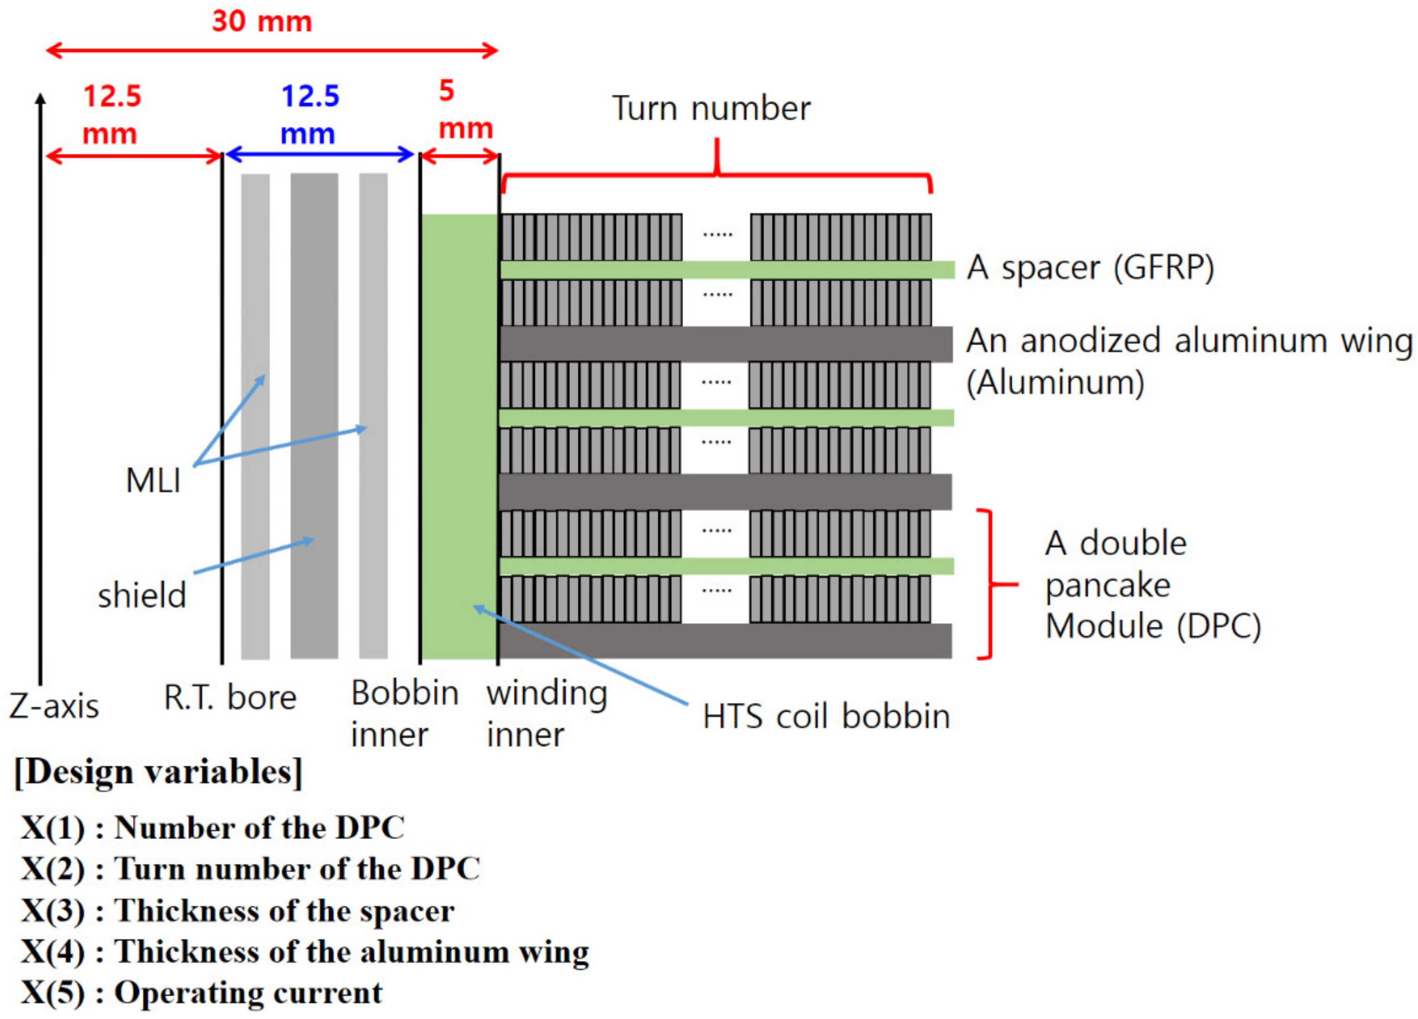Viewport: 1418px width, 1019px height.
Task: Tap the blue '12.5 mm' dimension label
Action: click(x=309, y=115)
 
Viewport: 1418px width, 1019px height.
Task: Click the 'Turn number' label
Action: click(x=711, y=109)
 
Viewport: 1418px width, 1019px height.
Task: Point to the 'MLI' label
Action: click(x=153, y=481)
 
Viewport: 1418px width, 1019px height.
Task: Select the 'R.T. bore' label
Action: click(x=229, y=698)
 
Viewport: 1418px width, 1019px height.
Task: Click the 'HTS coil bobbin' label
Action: click(x=826, y=716)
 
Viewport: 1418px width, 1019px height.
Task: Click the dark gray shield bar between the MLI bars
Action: click(x=315, y=415)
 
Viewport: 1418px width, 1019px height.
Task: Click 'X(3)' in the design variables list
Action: click(x=53, y=911)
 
